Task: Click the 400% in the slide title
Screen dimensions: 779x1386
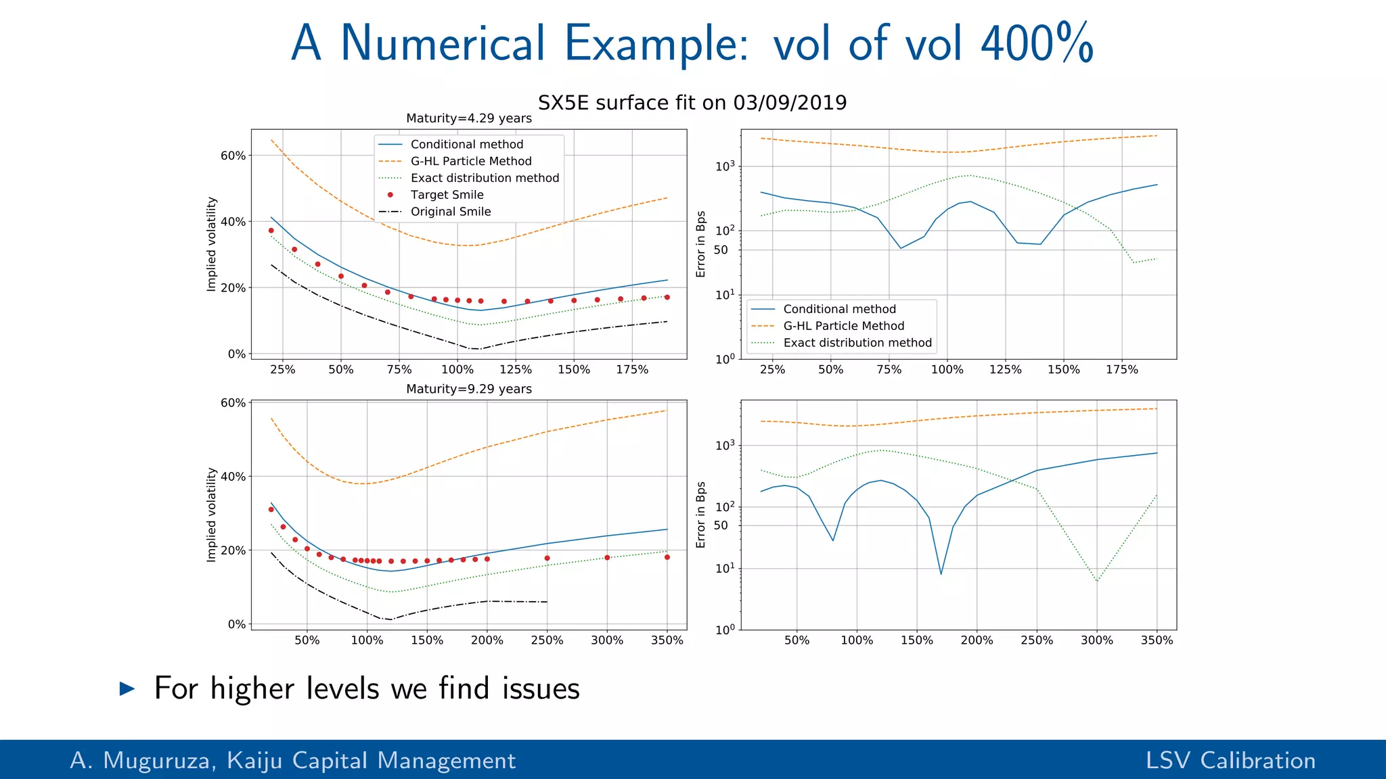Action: pyautogui.click(x=1037, y=43)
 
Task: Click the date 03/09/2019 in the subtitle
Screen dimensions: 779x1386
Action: pyautogui.click(x=790, y=103)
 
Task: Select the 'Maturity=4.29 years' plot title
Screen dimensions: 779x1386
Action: pyautogui.click(x=468, y=118)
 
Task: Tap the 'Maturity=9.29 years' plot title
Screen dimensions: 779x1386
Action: pyautogui.click(x=468, y=389)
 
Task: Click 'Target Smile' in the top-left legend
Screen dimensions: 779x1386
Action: pyautogui.click(x=447, y=195)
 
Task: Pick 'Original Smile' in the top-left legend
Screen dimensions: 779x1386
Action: pyautogui.click(x=450, y=212)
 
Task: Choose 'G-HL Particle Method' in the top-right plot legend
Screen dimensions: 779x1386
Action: pyautogui.click(x=843, y=326)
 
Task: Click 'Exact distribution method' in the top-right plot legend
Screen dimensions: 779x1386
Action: pyautogui.click(x=857, y=343)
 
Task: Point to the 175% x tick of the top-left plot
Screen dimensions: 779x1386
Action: pyautogui.click(x=632, y=370)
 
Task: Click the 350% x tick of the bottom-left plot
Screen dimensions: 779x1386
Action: pyautogui.click(x=667, y=640)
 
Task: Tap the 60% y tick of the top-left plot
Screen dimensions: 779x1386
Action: pyautogui.click(x=233, y=156)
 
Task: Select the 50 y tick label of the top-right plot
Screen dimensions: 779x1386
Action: pyautogui.click(x=721, y=250)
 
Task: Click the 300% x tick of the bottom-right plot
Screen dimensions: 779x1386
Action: pyautogui.click(x=1096, y=640)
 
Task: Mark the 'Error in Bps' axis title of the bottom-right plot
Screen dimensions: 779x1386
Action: pyautogui.click(x=700, y=515)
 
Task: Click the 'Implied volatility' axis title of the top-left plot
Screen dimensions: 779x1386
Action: pyautogui.click(x=211, y=244)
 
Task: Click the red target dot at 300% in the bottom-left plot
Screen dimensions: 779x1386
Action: pyautogui.click(x=607, y=557)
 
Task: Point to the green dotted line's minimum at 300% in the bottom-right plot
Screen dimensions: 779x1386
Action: pyautogui.click(x=1097, y=581)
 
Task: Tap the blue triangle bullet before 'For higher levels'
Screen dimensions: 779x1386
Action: pyautogui.click(x=127, y=689)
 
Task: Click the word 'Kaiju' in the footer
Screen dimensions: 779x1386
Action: pyautogui.click(x=255, y=761)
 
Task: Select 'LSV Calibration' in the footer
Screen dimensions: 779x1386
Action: pyautogui.click(x=1230, y=761)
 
